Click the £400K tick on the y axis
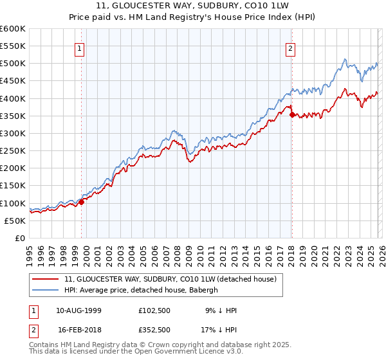[13, 98]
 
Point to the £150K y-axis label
[13, 186]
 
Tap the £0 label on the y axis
[20, 238]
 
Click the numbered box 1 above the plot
[79, 48]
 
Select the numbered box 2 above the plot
[290, 48]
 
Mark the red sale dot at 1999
[82, 202]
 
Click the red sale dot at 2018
[292, 115]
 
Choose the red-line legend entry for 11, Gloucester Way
[170, 279]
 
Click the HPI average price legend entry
[142, 290]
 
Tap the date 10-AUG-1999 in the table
[78, 310]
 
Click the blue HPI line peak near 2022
[345, 60]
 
